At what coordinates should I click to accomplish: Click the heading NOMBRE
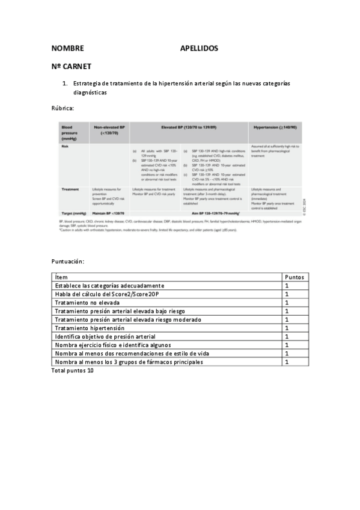(67, 48)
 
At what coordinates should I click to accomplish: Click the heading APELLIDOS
(199, 48)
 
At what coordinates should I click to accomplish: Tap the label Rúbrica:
(63, 108)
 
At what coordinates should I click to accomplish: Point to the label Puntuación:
(68, 262)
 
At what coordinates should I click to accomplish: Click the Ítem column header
(62, 277)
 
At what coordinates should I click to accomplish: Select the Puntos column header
(295, 277)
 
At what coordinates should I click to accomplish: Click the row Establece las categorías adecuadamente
(109, 285)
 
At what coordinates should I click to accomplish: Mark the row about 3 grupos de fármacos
(129, 362)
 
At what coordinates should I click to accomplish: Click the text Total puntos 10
(73, 370)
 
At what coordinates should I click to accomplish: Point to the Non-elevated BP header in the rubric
(109, 130)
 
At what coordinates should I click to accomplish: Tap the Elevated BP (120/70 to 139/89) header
(189, 128)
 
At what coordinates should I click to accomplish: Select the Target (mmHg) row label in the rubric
(74, 214)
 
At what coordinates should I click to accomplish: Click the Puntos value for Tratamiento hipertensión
(287, 328)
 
